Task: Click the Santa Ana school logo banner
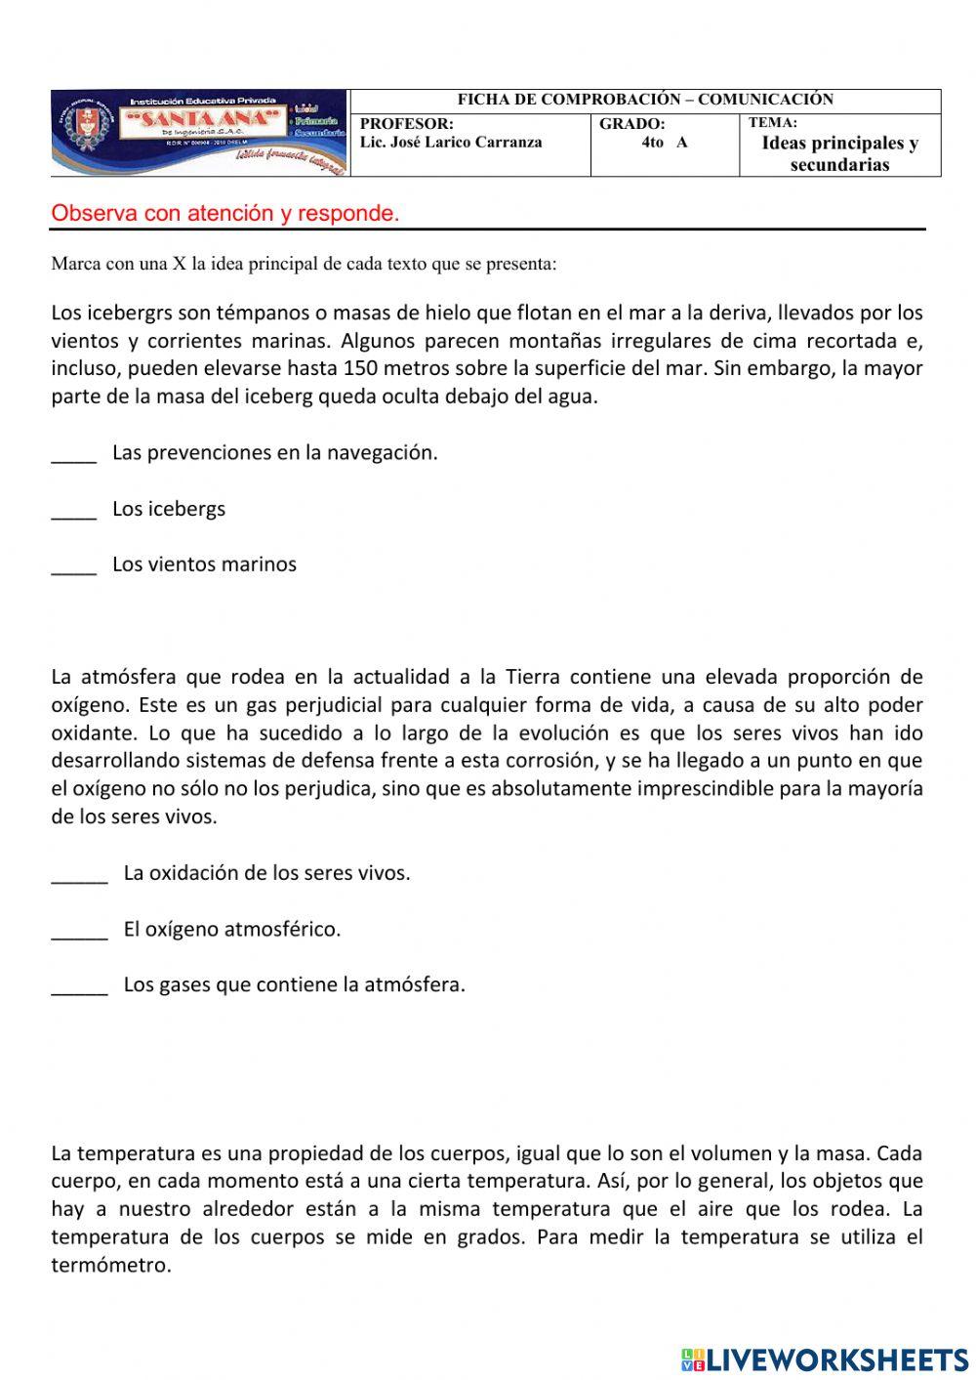tap(199, 134)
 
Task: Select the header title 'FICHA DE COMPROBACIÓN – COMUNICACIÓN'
tap(645, 100)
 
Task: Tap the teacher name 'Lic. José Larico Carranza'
tap(451, 143)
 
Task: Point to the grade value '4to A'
tap(664, 143)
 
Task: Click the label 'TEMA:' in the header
tap(773, 123)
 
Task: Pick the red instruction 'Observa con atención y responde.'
tap(225, 214)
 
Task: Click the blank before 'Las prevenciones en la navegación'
tap(74, 454)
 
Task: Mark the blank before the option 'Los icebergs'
tap(74, 511)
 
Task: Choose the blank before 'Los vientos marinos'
tap(74, 566)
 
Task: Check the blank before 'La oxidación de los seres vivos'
tap(79, 875)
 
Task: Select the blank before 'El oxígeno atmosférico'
tap(79, 931)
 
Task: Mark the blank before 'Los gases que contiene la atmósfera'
tap(79, 986)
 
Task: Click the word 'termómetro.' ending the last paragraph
tap(111, 1266)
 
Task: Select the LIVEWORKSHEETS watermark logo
tap(825, 1359)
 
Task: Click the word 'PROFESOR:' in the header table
tap(407, 124)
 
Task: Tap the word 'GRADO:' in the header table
tap(632, 124)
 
